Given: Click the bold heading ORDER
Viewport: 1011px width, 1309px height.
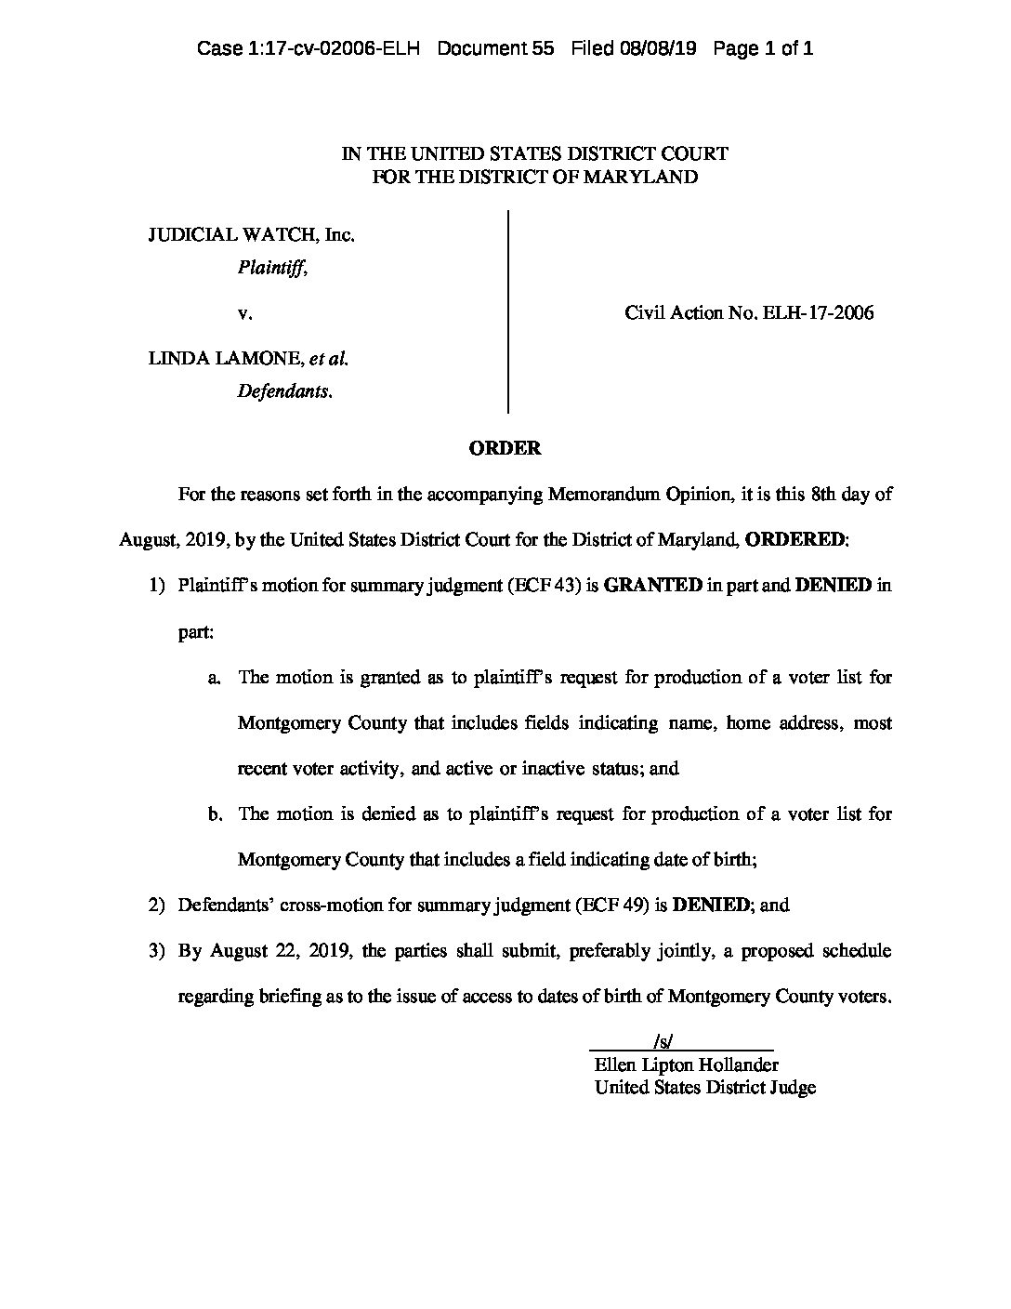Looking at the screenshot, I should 505,448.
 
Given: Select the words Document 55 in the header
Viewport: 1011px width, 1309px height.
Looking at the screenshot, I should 495,49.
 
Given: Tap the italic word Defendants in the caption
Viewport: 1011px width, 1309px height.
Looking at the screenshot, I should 283,391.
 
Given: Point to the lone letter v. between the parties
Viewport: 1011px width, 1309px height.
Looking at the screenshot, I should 245,313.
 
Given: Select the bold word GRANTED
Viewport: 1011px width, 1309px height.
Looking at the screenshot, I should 653,586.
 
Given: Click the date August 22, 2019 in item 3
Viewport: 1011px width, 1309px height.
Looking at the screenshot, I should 282,950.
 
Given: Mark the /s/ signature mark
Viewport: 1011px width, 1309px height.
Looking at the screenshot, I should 663,1043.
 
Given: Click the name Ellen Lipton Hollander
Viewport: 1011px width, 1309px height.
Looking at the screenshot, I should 686,1065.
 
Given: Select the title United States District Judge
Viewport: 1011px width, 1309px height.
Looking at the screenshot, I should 705,1088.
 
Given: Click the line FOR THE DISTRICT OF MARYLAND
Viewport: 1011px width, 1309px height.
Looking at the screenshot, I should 534,177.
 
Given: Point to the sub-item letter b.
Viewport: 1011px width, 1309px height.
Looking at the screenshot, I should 216,814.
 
